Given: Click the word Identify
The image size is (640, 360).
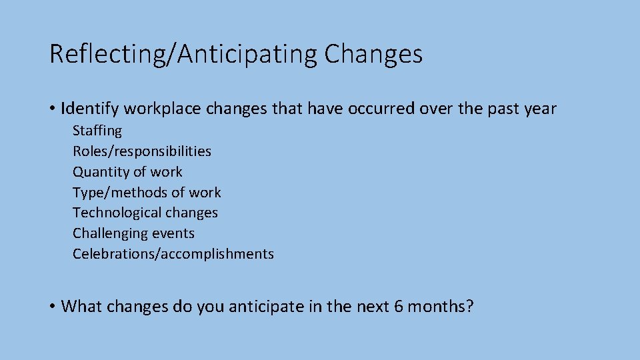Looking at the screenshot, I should [x=89, y=108].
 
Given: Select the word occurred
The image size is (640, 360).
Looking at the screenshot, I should [x=377, y=108].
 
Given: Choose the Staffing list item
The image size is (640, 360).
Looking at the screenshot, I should [x=97, y=131].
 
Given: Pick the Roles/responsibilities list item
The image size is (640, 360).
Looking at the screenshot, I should [x=142, y=151].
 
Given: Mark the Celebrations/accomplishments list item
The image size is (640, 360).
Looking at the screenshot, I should [x=173, y=254].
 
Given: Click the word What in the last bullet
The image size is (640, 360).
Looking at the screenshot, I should [x=81, y=306].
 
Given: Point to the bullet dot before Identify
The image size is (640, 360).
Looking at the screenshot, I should [x=52, y=109].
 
